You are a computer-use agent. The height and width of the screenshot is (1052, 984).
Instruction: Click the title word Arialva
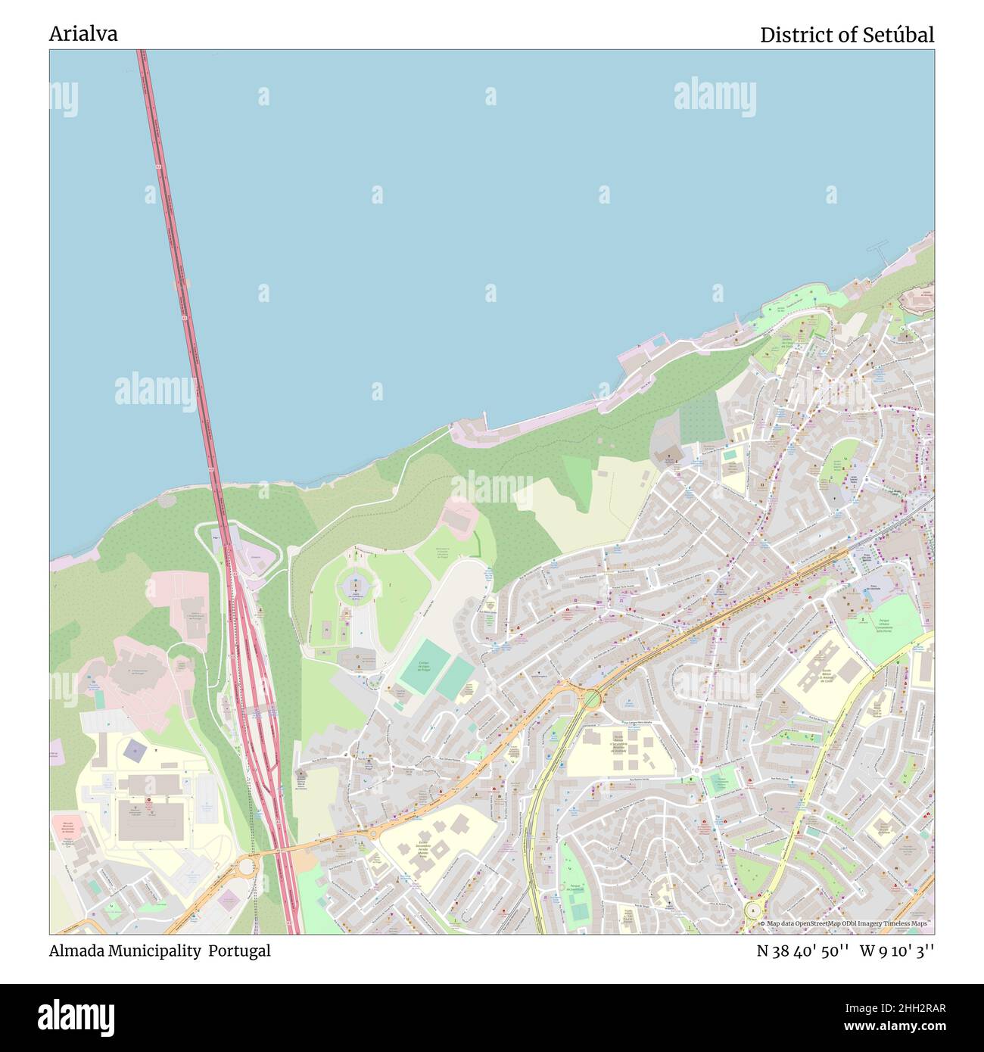point(83,34)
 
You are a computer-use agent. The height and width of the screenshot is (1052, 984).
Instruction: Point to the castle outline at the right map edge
point(917,303)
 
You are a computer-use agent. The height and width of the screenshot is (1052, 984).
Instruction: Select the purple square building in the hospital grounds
point(135,751)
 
